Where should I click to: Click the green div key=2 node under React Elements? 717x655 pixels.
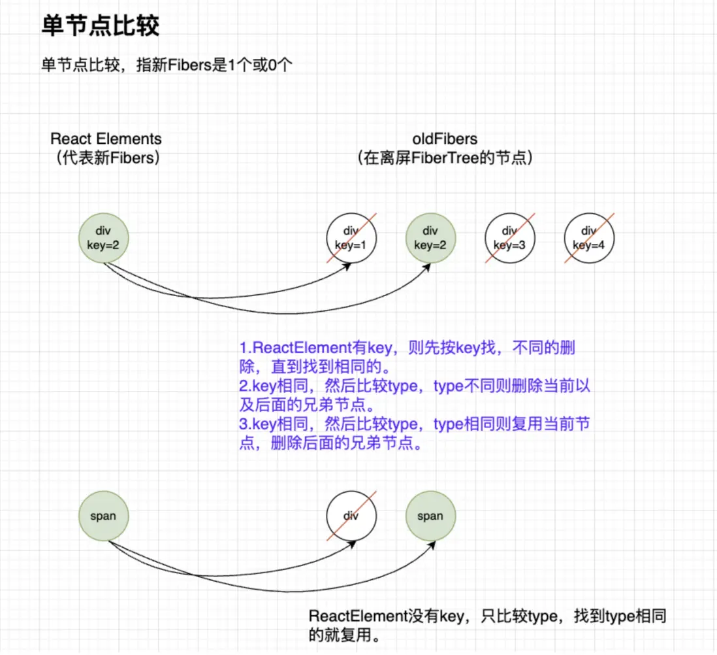click(x=104, y=238)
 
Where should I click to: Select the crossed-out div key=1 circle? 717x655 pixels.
click(x=351, y=238)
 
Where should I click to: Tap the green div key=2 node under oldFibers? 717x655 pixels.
click(x=430, y=238)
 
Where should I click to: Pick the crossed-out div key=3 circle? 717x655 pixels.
click(x=510, y=238)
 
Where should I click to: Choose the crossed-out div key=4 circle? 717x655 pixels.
click(x=589, y=238)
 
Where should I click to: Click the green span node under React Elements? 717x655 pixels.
click(x=104, y=516)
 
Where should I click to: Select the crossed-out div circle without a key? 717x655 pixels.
click(x=351, y=516)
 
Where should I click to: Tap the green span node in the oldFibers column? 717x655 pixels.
click(x=430, y=516)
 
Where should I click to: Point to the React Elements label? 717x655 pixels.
click(x=106, y=139)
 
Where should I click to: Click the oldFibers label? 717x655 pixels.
click(x=445, y=139)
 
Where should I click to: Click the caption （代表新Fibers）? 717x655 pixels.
click(x=106, y=158)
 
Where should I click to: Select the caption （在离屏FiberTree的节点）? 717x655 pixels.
click(x=445, y=158)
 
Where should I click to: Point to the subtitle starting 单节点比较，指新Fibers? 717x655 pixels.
click(x=170, y=66)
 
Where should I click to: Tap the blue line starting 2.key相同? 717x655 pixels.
click(x=414, y=386)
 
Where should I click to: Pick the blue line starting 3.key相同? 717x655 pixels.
click(x=414, y=424)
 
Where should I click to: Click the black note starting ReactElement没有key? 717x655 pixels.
click(x=487, y=616)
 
